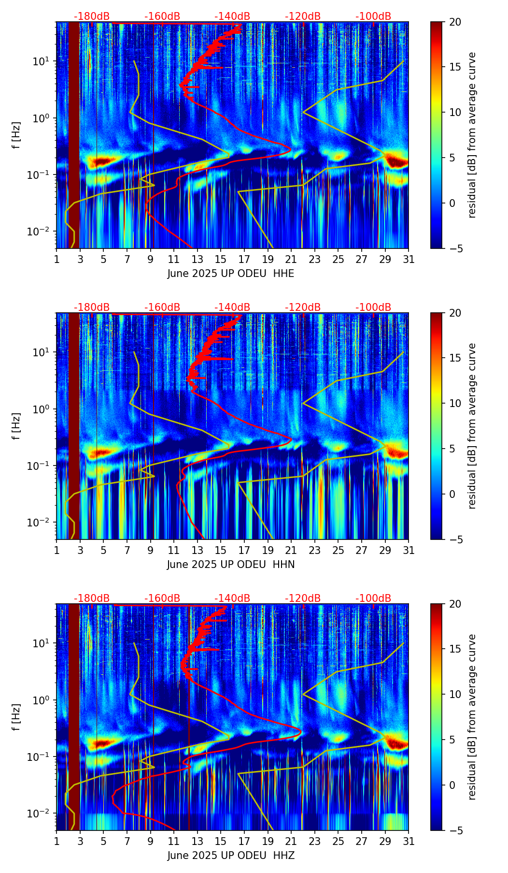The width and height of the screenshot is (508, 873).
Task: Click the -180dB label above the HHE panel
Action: (x=92, y=16)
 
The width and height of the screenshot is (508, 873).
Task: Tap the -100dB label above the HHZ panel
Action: (x=373, y=598)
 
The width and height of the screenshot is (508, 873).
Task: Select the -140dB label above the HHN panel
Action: (x=232, y=307)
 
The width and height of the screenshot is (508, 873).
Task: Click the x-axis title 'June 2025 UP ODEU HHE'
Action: (x=231, y=274)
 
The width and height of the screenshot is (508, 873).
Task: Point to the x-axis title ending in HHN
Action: (x=231, y=565)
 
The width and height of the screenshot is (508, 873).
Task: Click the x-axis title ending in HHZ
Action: (x=231, y=856)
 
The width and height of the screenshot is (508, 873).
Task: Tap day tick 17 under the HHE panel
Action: (x=244, y=259)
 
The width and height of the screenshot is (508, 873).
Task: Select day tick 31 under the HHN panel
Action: (x=409, y=550)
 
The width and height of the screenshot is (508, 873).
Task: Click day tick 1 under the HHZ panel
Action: (x=56, y=841)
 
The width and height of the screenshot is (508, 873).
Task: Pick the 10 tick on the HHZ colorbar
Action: (x=455, y=695)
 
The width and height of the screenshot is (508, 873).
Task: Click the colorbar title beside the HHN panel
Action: (x=472, y=426)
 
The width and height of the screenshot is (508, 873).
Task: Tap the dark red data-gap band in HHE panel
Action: (x=74, y=135)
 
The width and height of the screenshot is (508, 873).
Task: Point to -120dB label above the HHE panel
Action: (x=303, y=16)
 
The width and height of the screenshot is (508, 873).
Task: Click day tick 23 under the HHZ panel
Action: (x=315, y=841)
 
